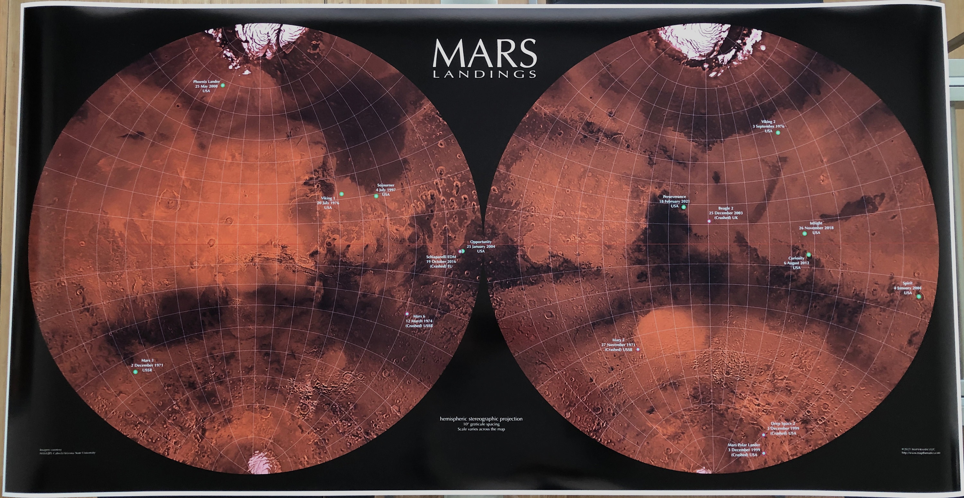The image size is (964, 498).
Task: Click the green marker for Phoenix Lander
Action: [223, 86]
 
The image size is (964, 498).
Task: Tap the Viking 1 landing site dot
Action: [341, 194]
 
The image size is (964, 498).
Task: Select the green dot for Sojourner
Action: [376, 196]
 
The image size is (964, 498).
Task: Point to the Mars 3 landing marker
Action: [135, 372]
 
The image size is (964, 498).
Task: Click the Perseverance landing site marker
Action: [684, 207]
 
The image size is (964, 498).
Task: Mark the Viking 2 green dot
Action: [778, 133]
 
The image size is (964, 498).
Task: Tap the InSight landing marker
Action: [805, 234]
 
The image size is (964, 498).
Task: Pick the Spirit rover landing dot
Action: [919, 297]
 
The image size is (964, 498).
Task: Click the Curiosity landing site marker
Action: [809, 255]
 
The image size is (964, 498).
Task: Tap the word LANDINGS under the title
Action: [485, 75]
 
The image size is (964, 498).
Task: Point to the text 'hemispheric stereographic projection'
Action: [481, 419]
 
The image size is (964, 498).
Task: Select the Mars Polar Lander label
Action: [744, 450]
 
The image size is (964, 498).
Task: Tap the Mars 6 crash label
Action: [419, 321]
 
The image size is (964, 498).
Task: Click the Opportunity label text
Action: [481, 246]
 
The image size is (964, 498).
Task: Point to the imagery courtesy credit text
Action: [67, 451]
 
